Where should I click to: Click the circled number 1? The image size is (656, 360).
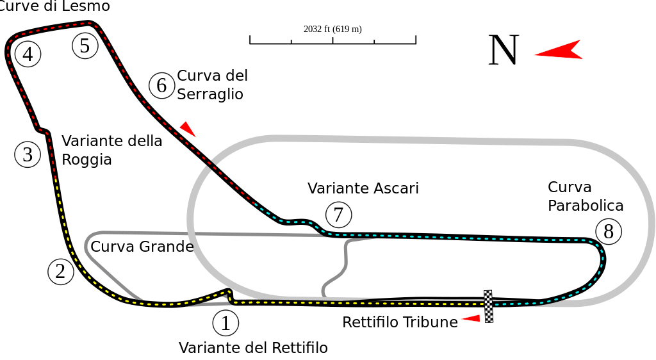(225, 323)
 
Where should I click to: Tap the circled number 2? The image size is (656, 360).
(61, 272)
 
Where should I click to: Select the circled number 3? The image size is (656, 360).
(28, 154)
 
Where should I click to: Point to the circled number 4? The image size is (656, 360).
(28, 54)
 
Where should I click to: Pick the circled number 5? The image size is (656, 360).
(85, 45)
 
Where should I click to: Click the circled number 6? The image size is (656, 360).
(161, 85)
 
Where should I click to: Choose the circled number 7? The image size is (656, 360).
(338, 215)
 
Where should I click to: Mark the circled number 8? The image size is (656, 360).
(609, 231)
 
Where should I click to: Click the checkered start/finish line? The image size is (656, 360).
(488, 306)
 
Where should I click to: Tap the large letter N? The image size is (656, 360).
(504, 50)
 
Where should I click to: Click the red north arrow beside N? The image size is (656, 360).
(559, 50)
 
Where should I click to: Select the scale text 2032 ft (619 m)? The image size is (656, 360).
(332, 29)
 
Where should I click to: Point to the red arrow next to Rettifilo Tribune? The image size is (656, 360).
(471, 318)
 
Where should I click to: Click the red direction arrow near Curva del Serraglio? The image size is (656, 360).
(188, 129)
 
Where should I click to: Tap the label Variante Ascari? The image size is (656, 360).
(363, 188)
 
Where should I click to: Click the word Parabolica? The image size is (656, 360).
(586, 205)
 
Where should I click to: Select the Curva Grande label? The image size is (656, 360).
(142, 246)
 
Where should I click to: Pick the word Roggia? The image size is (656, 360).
(86, 160)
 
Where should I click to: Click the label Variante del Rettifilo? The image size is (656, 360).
(253, 347)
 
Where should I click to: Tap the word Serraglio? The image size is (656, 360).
(210, 94)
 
